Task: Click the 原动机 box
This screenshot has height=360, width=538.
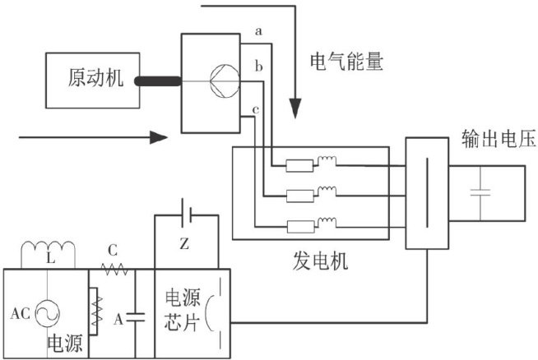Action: click(95, 80)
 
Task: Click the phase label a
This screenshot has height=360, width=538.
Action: click(258, 31)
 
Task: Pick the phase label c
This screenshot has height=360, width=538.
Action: click(257, 109)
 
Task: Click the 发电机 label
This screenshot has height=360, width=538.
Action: click(322, 263)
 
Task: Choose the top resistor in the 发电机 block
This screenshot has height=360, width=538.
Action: click(297, 164)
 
